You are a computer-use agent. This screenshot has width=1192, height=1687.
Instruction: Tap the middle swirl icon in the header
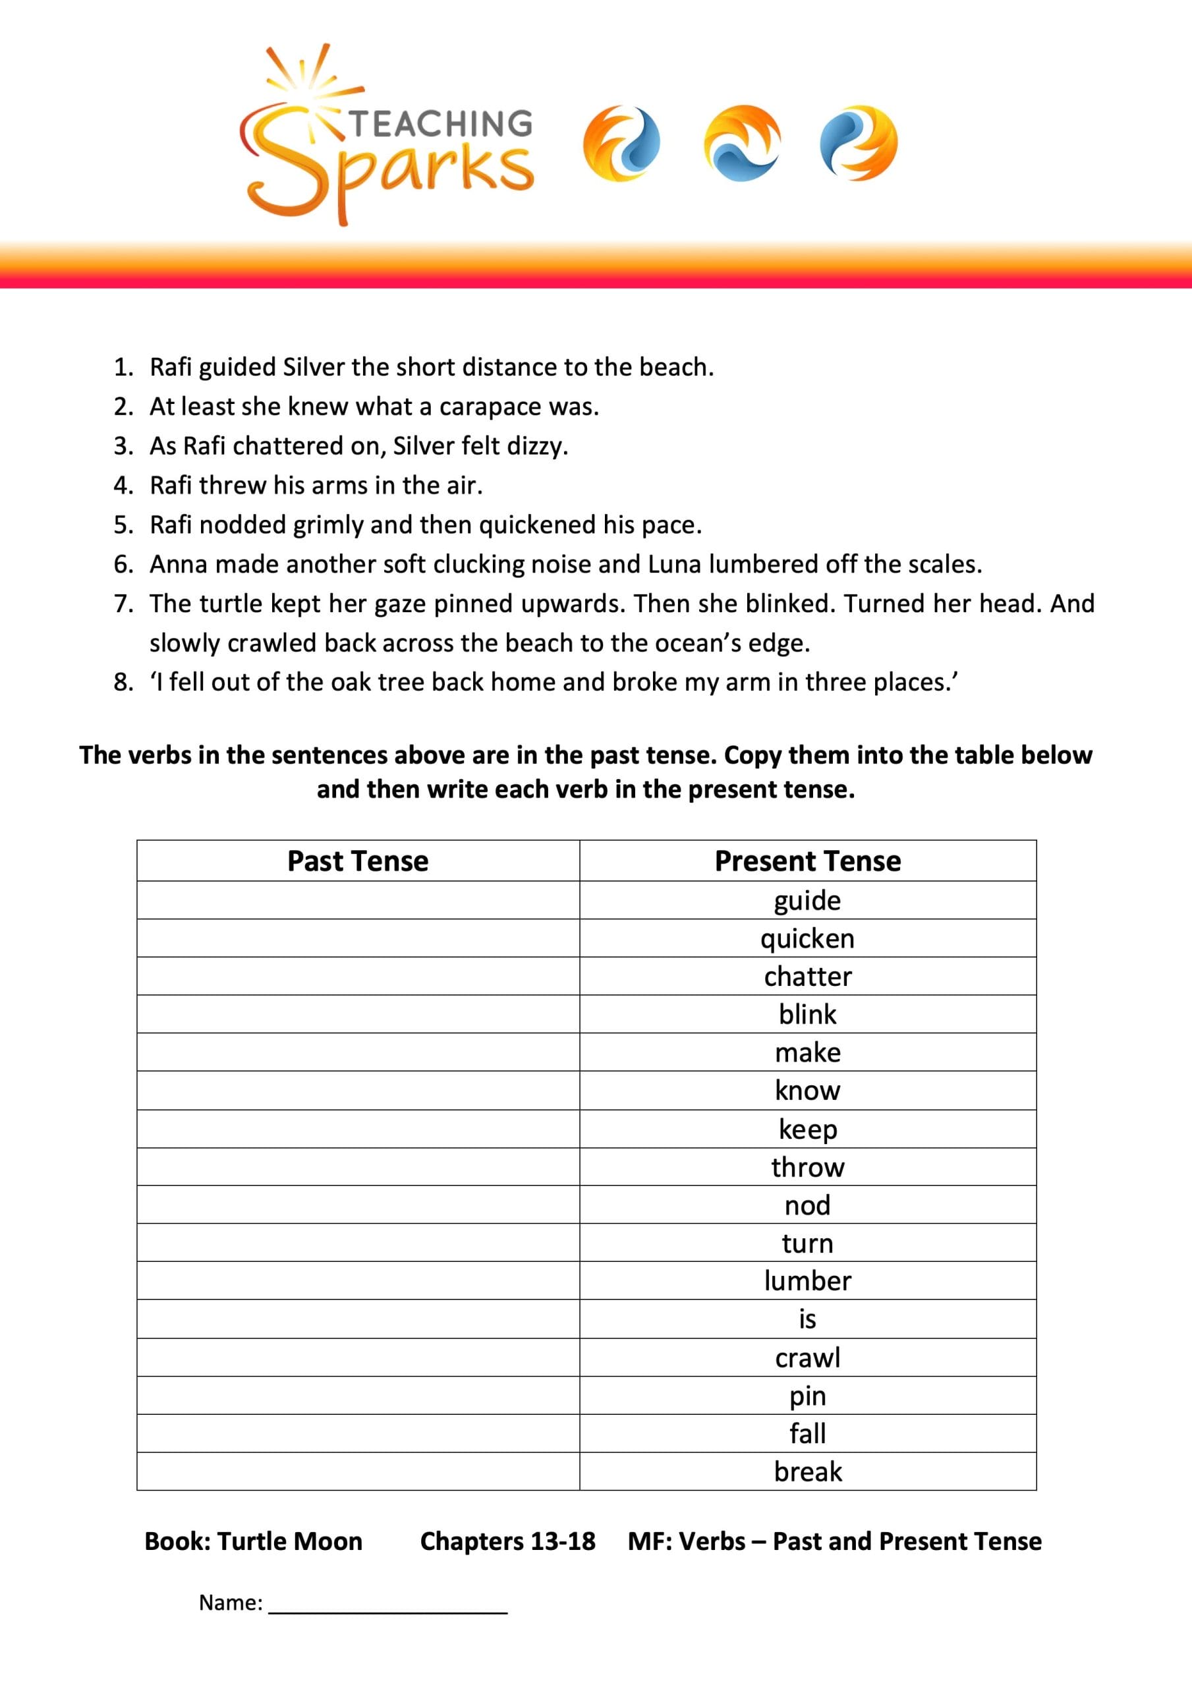tap(742, 143)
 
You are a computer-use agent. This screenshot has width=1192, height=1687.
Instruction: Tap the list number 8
tap(123, 683)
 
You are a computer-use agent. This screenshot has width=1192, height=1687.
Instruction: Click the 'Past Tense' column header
tap(358, 861)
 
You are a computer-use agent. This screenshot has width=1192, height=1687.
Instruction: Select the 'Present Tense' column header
tap(808, 861)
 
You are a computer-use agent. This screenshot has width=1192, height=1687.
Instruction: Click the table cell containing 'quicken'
tap(808, 938)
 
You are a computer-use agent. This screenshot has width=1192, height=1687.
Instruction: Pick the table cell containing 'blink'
tap(808, 1015)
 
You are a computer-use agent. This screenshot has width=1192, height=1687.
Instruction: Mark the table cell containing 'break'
tap(808, 1472)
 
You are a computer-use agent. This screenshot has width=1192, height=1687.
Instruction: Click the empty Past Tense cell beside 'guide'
tap(358, 900)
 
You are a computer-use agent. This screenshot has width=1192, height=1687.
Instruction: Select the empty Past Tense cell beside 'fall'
tap(358, 1433)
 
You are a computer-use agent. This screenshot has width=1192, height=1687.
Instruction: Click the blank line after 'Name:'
tap(388, 1603)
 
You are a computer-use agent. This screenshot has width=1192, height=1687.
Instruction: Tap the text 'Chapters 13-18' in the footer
tap(508, 1541)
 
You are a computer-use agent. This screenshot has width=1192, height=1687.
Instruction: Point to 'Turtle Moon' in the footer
tap(289, 1541)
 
